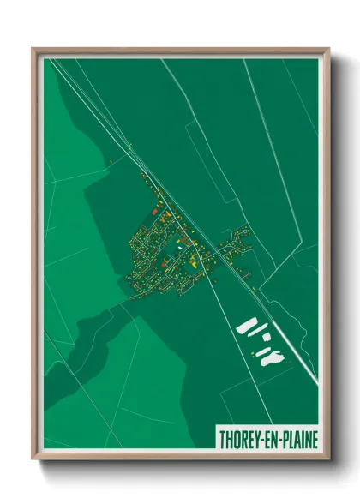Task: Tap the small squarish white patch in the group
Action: point(266,338)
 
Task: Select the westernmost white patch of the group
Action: point(247,327)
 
